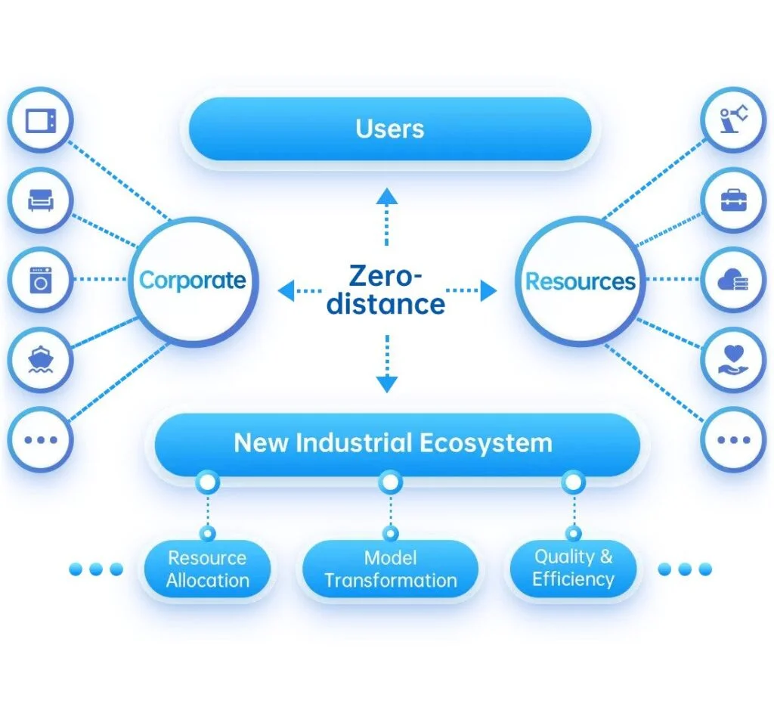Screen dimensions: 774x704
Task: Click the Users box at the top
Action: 390,129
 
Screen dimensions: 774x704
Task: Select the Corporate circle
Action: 193,281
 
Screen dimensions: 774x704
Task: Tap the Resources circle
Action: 580,281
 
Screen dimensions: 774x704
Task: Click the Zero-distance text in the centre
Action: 386,290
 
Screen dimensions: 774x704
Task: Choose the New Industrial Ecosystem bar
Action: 398,444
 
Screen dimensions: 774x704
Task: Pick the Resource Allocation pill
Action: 207,569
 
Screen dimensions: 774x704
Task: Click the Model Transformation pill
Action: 391,569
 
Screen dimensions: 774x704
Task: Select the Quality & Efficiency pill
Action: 573,569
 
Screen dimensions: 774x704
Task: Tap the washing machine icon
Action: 41,280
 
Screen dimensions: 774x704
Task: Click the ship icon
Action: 41,359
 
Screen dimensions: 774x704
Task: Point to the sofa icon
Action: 41,200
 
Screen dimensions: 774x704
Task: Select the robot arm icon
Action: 733,119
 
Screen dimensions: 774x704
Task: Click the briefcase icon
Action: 733,200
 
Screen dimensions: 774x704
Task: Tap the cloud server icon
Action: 733,280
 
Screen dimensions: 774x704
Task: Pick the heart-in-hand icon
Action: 733,359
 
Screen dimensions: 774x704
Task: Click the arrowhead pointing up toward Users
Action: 386,196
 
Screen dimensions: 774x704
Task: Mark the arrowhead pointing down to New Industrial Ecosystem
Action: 387,384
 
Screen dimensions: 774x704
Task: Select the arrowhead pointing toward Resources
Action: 488,290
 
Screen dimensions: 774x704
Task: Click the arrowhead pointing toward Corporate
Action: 286,290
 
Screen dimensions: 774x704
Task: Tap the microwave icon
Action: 41,120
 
